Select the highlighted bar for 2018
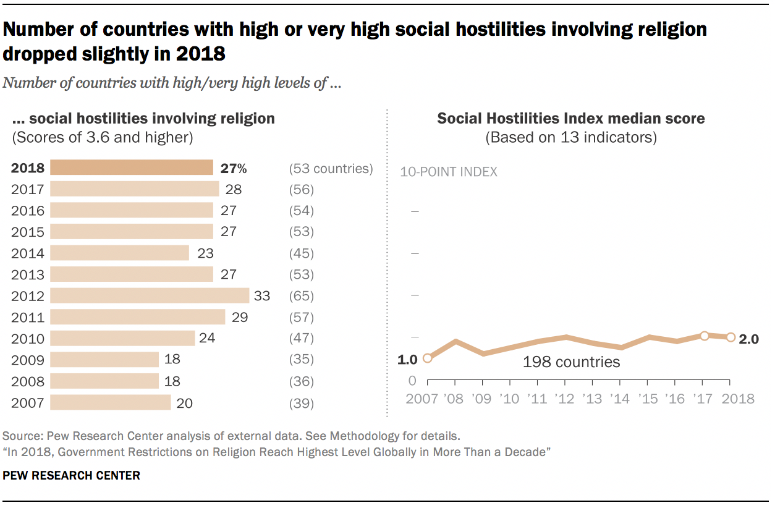point(131,168)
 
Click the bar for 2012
point(149,295)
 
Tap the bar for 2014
point(119,253)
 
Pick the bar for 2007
point(110,403)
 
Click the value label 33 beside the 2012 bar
point(262,296)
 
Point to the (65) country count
point(302,296)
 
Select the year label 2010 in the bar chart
point(28,339)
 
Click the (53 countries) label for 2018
point(331,169)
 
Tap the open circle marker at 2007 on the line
point(427,358)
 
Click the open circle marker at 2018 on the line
point(731,337)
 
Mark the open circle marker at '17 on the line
point(704,335)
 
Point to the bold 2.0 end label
point(748,339)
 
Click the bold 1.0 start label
point(408,358)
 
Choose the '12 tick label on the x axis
point(565,399)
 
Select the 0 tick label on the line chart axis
point(412,381)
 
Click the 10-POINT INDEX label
point(449,172)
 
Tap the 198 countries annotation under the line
point(571,362)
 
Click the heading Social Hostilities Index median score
point(571,118)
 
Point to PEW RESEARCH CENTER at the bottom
point(72,475)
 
